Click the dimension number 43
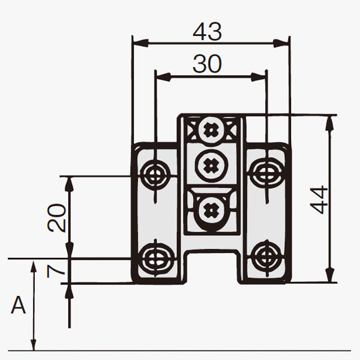(207, 31)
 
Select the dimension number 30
(207, 64)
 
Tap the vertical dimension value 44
(319, 200)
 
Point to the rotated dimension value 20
(56, 217)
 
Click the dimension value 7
(56, 271)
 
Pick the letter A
(18, 305)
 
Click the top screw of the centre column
(211, 130)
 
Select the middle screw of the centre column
(212, 164)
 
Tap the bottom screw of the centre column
(211, 210)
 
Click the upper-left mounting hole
(155, 173)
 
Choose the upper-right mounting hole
(267, 172)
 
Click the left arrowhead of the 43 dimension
(140, 43)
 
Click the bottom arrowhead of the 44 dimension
(330, 274)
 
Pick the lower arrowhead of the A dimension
(34, 343)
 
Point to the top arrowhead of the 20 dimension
(70, 185)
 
